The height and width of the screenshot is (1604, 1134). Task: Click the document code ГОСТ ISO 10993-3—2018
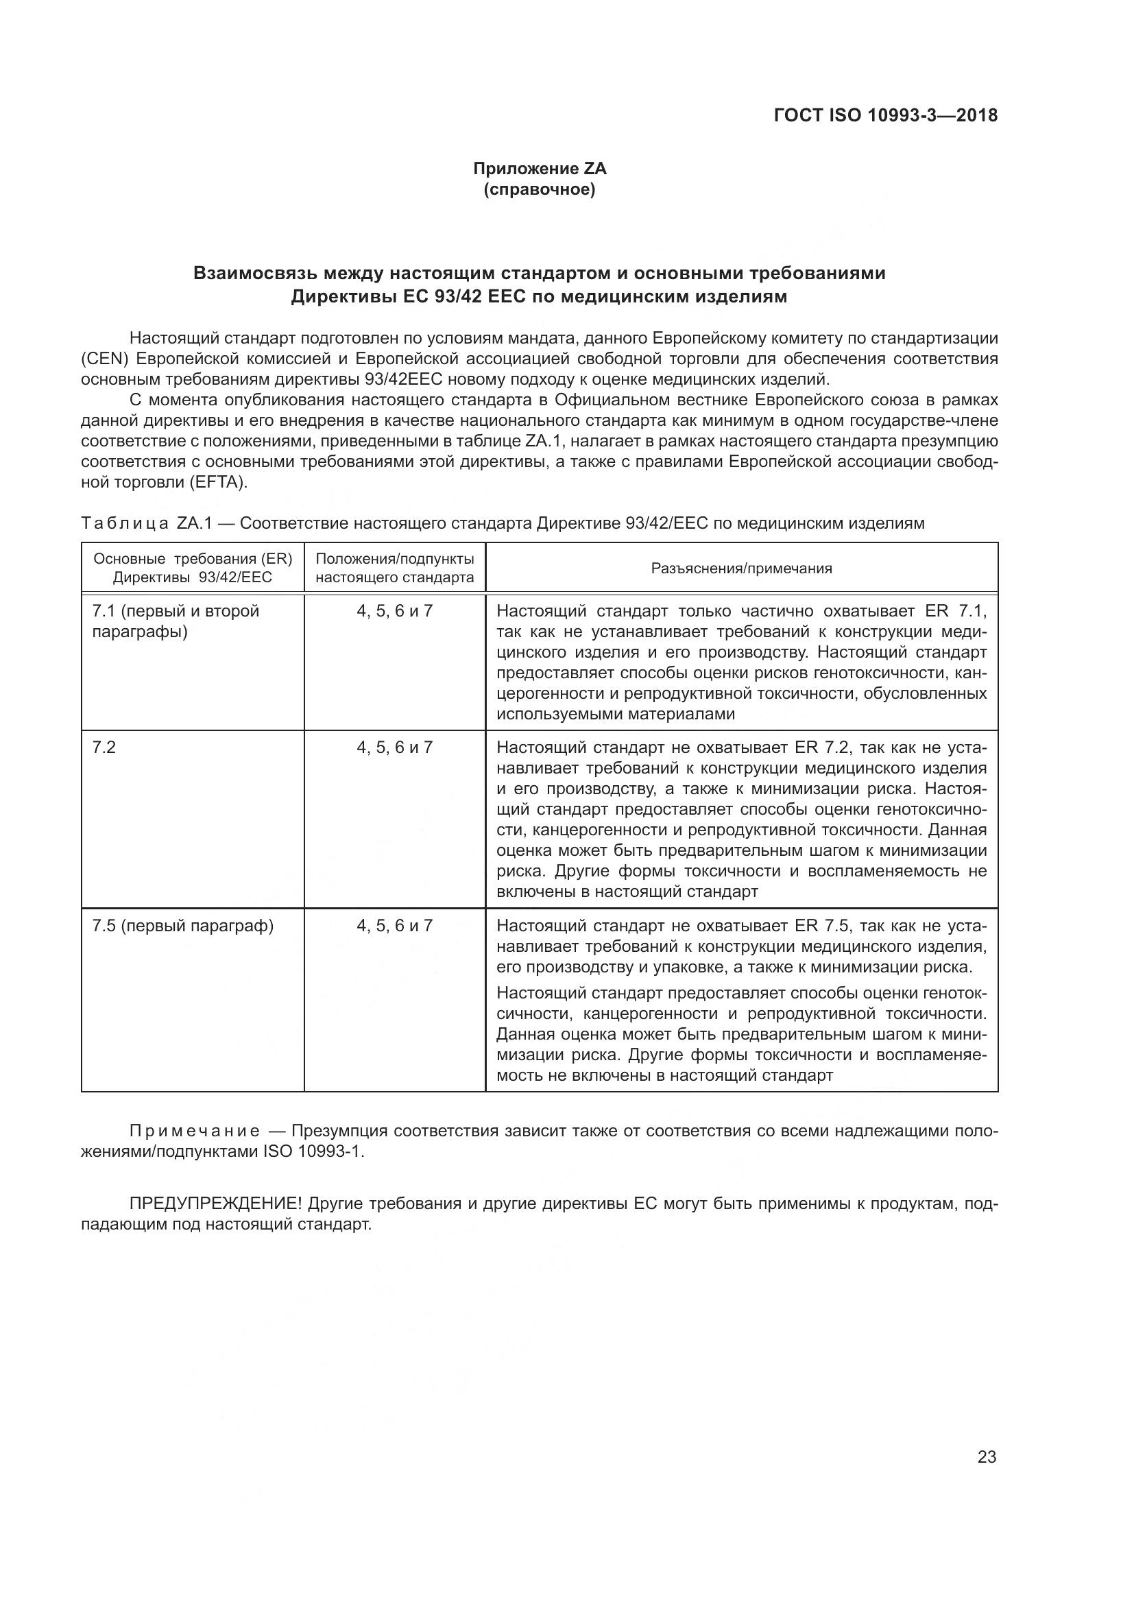pyautogui.click(x=885, y=115)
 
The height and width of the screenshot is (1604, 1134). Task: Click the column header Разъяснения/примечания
pyautogui.click(x=742, y=568)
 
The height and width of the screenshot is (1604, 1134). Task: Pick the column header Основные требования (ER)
pyautogui.click(x=193, y=559)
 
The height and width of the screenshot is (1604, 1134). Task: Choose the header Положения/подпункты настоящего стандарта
pyautogui.click(x=394, y=568)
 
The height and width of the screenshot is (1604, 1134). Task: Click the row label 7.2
pyautogui.click(x=104, y=747)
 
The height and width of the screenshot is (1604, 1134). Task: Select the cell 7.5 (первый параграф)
pyautogui.click(x=183, y=926)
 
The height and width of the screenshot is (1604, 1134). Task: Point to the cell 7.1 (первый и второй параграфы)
pyautogui.click(x=176, y=621)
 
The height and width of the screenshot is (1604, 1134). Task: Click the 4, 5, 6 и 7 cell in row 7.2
pyautogui.click(x=394, y=747)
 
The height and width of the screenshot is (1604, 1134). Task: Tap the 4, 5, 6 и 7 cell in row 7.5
pyautogui.click(x=394, y=926)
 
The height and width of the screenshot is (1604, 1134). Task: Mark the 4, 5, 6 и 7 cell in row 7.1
pyautogui.click(x=394, y=611)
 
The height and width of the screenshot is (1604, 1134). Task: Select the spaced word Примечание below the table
pyautogui.click(x=195, y=1131)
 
